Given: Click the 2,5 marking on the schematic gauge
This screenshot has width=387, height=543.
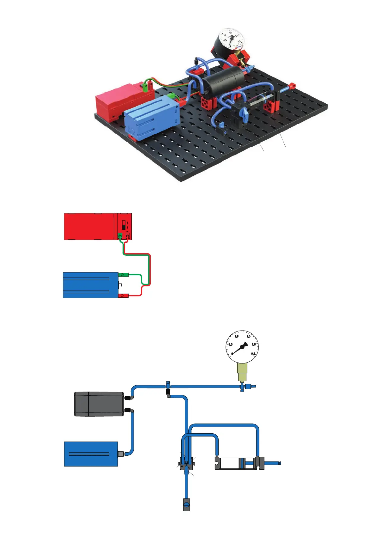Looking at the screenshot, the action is tap(253, 354).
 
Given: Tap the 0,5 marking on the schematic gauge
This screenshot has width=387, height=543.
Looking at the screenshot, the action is tap(231, 344).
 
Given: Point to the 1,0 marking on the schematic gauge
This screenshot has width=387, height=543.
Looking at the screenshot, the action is tap(236, 336).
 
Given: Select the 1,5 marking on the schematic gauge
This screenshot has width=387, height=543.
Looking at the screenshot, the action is tap(248, 336).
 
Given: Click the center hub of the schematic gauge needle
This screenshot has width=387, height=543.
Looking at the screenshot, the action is tap(242, 347).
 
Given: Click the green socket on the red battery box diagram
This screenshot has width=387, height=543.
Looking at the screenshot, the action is tap(120, 235).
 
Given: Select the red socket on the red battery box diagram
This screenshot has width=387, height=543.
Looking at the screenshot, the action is tap(128, 235).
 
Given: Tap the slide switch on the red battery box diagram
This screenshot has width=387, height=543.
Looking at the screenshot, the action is tap(124, 225).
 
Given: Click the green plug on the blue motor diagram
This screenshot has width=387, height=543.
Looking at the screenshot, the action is tap(123, 275).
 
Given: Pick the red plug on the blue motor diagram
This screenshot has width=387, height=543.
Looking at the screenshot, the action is tap(123, 296).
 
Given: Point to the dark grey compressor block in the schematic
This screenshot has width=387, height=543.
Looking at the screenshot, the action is tap(99, 404).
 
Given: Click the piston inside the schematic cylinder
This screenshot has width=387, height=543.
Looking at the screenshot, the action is tap(242, 463).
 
